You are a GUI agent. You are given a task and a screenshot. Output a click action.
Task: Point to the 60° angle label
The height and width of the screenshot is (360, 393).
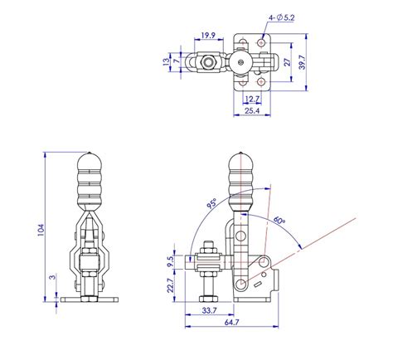pos(279,220)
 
